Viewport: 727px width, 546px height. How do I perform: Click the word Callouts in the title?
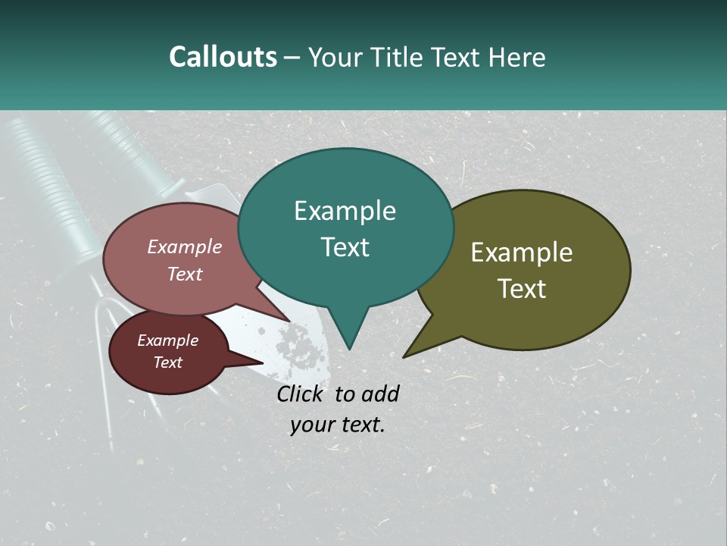[223, 57]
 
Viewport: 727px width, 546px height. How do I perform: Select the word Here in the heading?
[517, 57]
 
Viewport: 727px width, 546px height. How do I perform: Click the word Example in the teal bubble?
[345, 211]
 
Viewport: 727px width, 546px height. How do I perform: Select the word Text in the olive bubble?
[522, 289]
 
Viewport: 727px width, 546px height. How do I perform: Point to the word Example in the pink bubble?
[185, 246]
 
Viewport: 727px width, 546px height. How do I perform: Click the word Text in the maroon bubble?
[167, 362]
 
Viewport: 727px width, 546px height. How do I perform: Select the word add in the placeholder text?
[380, 394]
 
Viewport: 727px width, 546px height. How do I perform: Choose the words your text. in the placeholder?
[338, 425]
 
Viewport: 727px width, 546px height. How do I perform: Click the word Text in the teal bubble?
[345, 247]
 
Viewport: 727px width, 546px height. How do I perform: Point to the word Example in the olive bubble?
[522, 253]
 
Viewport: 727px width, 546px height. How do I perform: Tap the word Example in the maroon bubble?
[167, 340]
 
